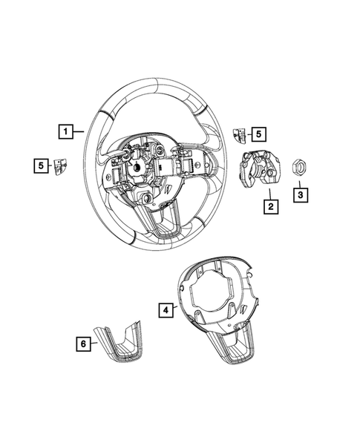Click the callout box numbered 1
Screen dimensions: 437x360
pos(67,133)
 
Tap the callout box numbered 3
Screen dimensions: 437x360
pos(301,194)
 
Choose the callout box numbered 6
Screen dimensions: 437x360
pos(85,343)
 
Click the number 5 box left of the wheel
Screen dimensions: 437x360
pos(39,165)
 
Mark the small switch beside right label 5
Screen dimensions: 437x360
pos(240,134)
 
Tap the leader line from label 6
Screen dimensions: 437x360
pos(99,343)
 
